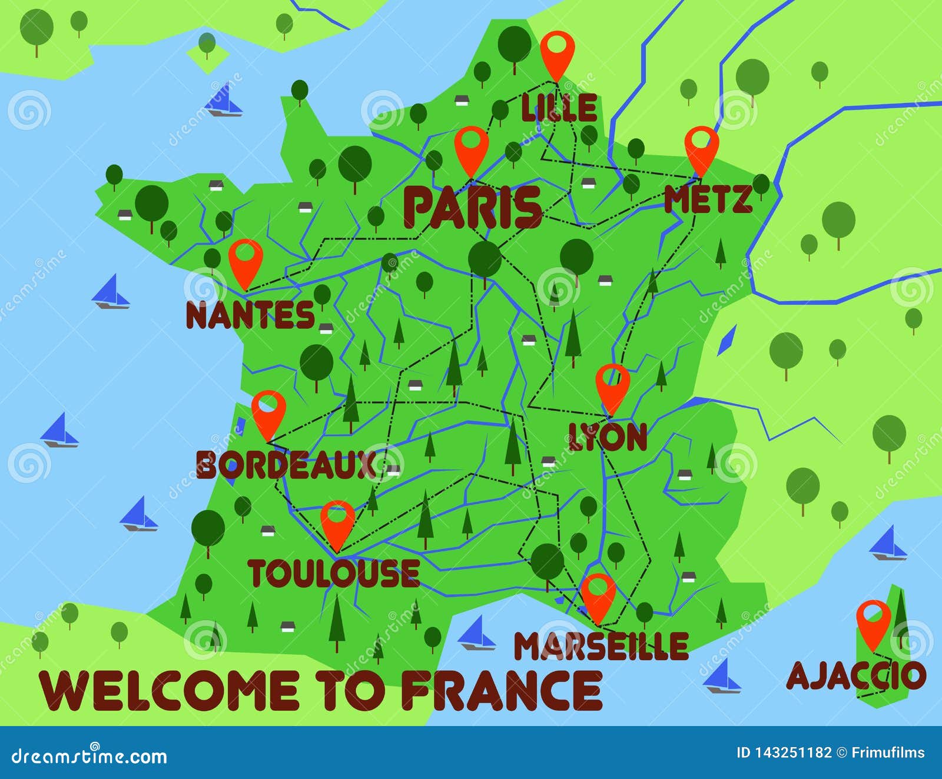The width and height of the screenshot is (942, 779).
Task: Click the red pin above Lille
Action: pyautogui.click(x=557, y=51)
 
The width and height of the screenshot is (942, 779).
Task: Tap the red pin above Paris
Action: pyautogui.click(x=471, y=147)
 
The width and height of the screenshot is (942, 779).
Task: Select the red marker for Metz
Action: pyautogui.click(x=701, y=147)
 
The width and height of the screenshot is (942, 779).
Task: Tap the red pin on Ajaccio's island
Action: pyautogui.click(x=873, y=620)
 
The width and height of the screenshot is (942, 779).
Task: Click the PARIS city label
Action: pyautogui.click(x=472, y=207)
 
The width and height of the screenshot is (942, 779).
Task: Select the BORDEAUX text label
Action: pyautogui.click(x=286, y=465)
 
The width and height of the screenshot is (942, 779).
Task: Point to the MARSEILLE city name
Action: pyautogui.click(x=601, y=646)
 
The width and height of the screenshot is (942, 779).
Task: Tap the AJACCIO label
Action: pyautogui.click(x=856, y=675)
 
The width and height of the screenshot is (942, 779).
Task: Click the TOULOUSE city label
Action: pyautogui.click(x=334, y=573)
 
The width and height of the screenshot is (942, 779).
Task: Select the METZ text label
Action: pyautogui.click(x=708, y=200)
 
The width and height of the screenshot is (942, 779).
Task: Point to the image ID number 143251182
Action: pyautogui.click(x=794, y=753)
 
